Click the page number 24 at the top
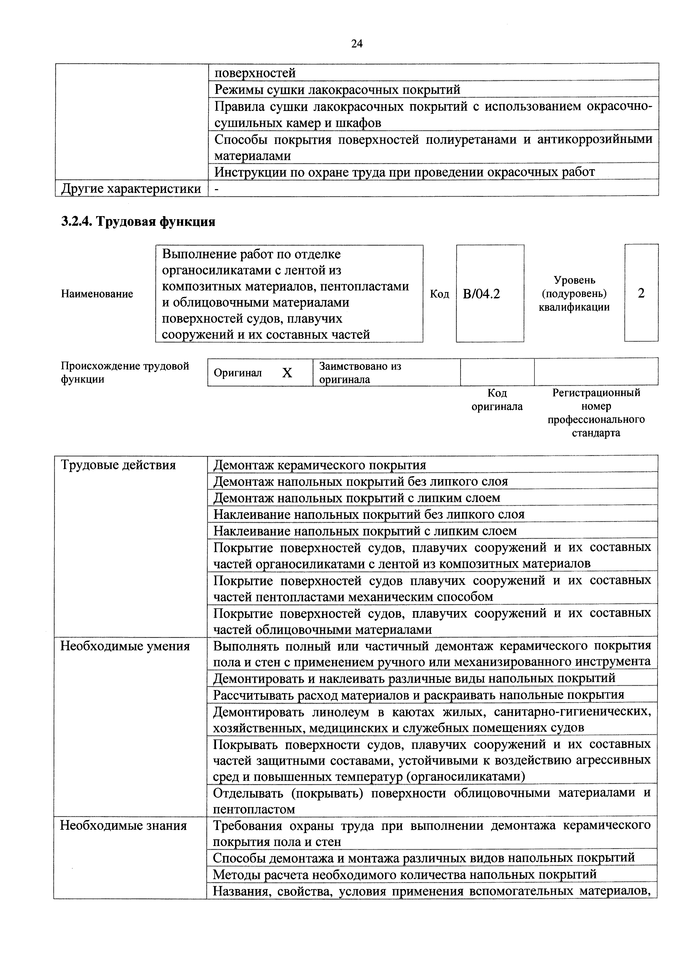(356, 44)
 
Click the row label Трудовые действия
(118, 465)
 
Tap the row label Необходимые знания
(123, 826)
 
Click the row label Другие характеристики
(131, 189)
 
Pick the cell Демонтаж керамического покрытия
(320, 465)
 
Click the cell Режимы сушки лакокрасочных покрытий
(337, 89)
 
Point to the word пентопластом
(254, 810)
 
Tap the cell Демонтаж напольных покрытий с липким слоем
(357, 498)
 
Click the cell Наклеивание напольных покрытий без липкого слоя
(369, 514)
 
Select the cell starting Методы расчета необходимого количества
(404, 874)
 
